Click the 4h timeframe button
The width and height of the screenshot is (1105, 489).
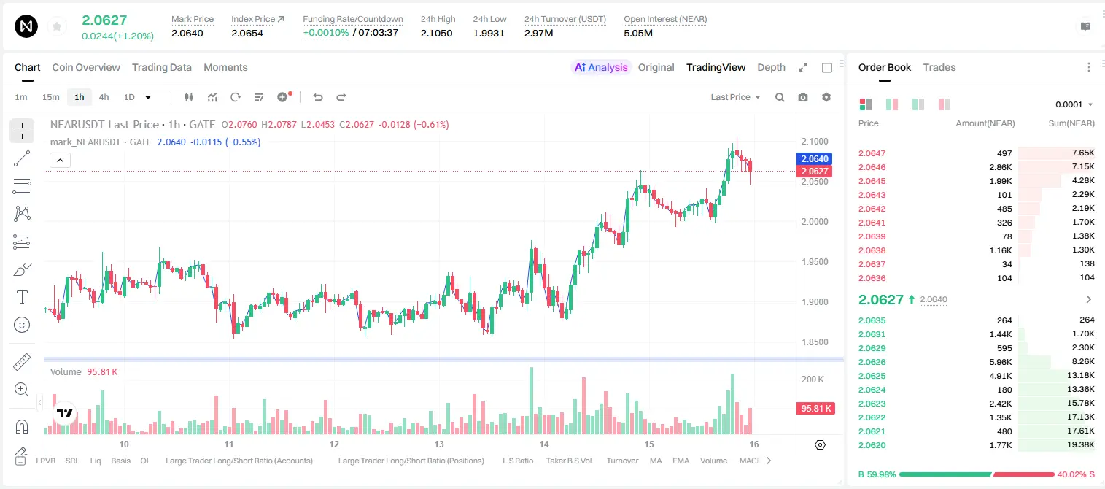[x=104, y=97]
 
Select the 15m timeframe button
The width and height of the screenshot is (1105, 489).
[x=50, y=97]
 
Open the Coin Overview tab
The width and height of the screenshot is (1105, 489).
[x=86, y=67]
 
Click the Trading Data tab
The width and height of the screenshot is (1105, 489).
[x=161, y=67]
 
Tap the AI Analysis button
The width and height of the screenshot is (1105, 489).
[x=601, y=67]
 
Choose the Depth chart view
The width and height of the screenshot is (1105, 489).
[x=771, y=67]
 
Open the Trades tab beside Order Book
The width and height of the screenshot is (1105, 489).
[x=939, y=67]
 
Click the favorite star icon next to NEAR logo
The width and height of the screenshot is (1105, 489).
[x=57, y=26]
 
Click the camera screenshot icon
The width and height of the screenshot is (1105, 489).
[x=802, y=97]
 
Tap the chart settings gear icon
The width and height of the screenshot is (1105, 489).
[x=826, y=97]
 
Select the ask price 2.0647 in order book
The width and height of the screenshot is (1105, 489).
[x=872, y=153]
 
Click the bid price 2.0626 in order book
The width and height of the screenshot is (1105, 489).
[x=872, y=362]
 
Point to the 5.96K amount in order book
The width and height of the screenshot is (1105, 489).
[x=1000, y=362]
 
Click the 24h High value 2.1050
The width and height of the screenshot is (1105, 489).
[x=436, y=33]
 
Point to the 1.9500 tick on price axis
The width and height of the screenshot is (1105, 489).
[x=815, y=261]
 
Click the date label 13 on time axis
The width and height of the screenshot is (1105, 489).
[x=438, y=444]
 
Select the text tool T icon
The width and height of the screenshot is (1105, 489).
[x=22, y=297]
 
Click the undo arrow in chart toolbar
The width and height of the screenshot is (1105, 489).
[x=318, y=97]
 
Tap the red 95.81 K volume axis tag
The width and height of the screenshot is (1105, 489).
[x=815, y=409]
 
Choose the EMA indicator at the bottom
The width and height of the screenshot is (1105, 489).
[x=681, y=461]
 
